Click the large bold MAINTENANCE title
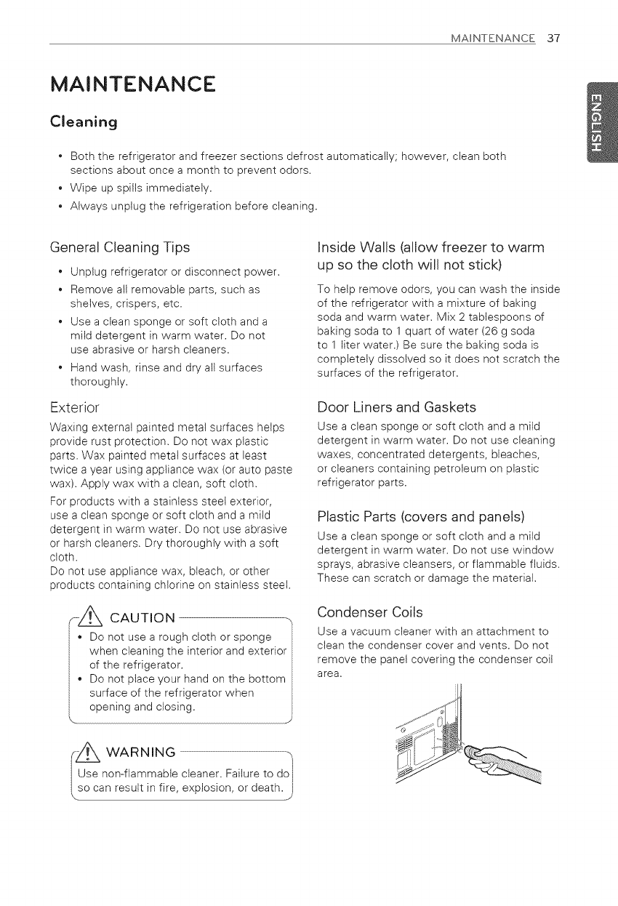133,83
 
